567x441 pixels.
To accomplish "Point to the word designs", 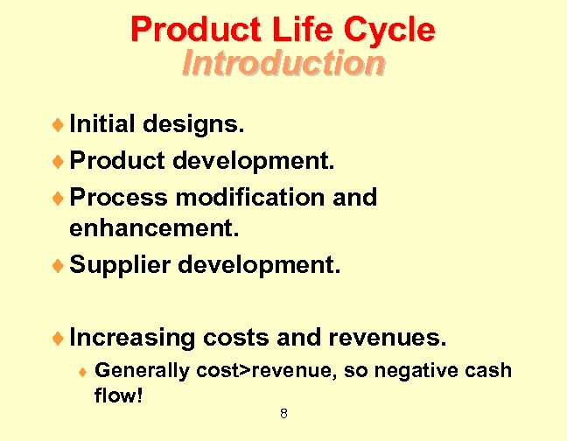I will [196, 124].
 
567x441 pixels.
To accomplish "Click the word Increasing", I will [133, 337].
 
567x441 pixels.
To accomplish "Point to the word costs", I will [239, 337].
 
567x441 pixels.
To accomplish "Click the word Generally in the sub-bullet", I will [142, 371].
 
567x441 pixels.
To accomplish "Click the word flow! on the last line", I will [118, 396].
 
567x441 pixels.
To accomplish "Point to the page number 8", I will [283, 414].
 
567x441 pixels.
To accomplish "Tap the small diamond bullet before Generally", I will [81, 372].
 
